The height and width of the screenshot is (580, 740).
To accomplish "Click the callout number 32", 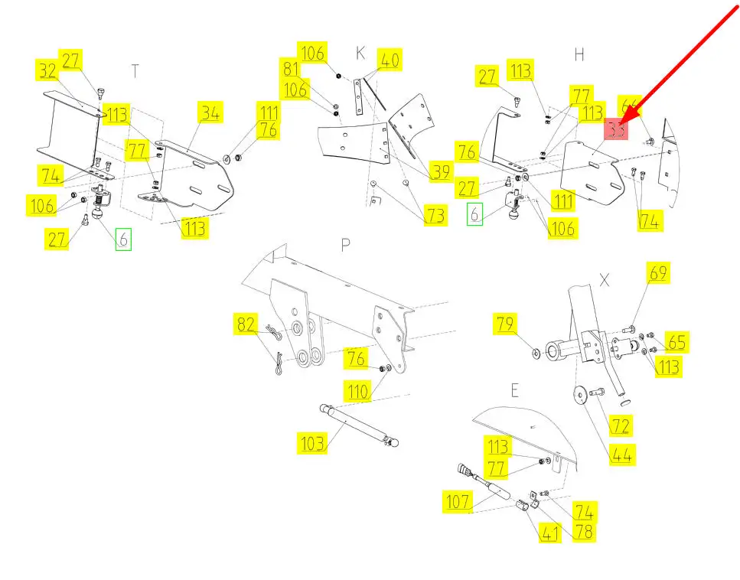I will tap(47, 71).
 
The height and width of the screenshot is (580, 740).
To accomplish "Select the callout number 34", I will tap(210, 112).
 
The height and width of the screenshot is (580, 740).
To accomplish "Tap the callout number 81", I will tap(291, 68).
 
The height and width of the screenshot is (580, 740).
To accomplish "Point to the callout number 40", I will tap(390, 59).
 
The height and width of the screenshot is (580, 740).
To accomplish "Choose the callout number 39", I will tap(440, 171).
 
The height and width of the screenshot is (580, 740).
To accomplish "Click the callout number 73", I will tap(435, 216).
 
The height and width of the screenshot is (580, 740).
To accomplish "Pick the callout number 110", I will tap(359, 392).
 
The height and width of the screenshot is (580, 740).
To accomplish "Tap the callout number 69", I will tap(658, 272).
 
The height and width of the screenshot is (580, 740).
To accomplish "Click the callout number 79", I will tap(505, 324).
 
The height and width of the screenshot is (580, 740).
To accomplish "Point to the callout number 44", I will tap(621, 455).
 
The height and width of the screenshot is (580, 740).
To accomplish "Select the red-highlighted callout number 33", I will tap(618, 130).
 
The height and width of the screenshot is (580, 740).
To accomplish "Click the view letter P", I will tap(346, 243).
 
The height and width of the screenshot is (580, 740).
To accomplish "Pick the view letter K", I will tap(360, 53).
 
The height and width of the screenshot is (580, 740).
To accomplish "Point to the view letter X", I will tap(604, 280).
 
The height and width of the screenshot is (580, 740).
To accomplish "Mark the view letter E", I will tap(514, 391).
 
